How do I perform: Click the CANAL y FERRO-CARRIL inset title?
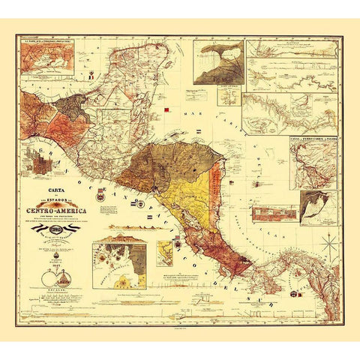click(313, 139)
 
